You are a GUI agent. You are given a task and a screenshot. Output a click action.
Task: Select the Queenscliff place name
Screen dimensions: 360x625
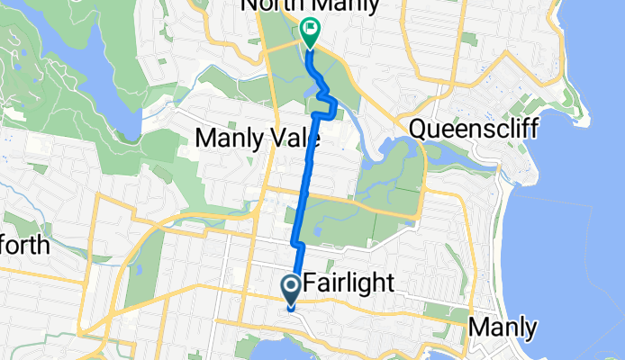(x=473, y=128)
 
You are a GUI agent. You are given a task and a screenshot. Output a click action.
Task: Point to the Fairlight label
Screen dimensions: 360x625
(x=349, y=284)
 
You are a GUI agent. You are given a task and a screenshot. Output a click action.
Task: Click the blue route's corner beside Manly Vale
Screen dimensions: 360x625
(x=314, y=117)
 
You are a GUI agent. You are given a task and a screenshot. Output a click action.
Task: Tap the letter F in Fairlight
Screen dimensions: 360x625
(x=312, y=284)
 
